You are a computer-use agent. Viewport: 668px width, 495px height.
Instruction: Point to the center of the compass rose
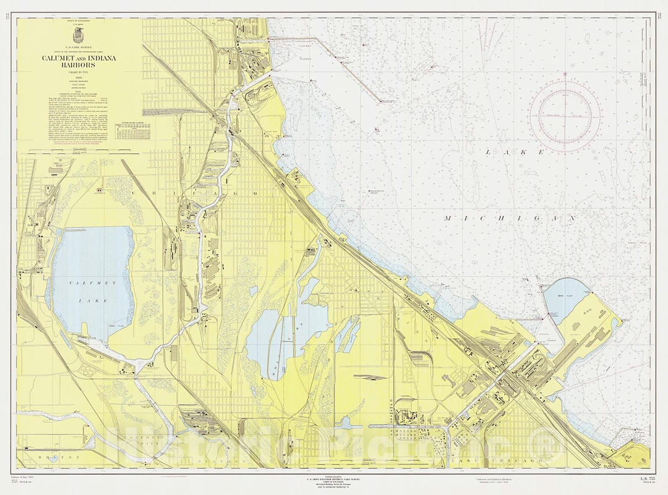(x=564, y=116)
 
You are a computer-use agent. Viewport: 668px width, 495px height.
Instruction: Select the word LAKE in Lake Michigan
(x=514, y=152)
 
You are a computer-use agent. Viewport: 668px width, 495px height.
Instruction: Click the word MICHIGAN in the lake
(x=510, y=219)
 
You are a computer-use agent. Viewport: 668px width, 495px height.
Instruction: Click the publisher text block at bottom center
(x=334, y=482)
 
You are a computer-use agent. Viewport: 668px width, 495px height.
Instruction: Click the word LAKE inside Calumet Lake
(x=98, y=300)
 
